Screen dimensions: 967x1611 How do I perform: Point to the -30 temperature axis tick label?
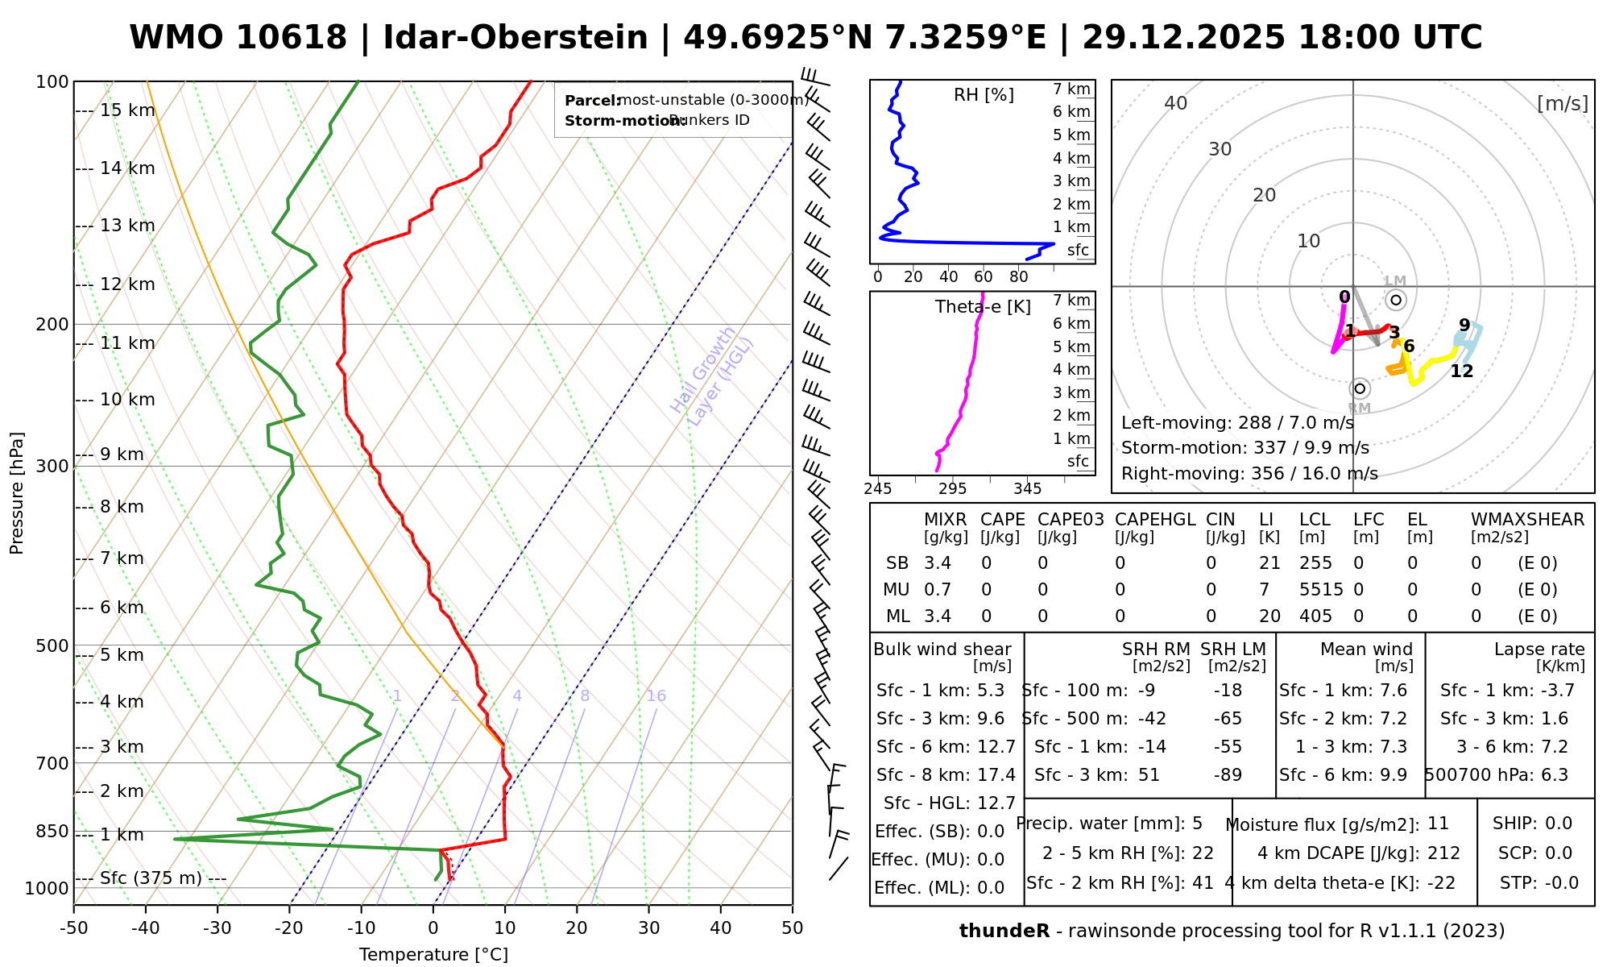(x=217, y=928)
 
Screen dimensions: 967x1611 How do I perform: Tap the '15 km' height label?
(x=127, y=110)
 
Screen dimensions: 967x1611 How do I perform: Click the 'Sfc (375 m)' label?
(x=151, y=878)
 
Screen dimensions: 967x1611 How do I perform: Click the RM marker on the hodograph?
(x=1360, y=389)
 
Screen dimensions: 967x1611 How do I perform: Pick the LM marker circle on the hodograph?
(x=1396, y=300)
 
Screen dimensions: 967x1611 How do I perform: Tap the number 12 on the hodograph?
(x=1461, y=371)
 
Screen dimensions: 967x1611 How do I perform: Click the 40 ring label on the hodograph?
(x=1176, y=103)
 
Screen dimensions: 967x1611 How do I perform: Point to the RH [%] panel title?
(x=984, y=95)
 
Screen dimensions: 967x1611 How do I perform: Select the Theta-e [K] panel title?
(x=983, y=307)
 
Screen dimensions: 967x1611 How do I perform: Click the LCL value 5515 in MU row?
(x=1321, y=590)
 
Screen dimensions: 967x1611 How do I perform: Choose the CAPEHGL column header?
(x=1155, y=520)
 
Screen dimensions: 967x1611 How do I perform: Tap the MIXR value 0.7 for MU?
(x=938, y=590)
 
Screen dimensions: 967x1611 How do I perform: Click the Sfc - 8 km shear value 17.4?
(x=996, y=775)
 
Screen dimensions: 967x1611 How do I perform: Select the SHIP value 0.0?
(x=1559, y=824)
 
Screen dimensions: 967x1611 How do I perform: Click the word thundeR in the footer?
(x=1004, y=932)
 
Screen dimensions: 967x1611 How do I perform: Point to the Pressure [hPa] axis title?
(x=17, y=493)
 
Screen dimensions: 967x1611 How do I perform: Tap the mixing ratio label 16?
(x=656, y=696)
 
